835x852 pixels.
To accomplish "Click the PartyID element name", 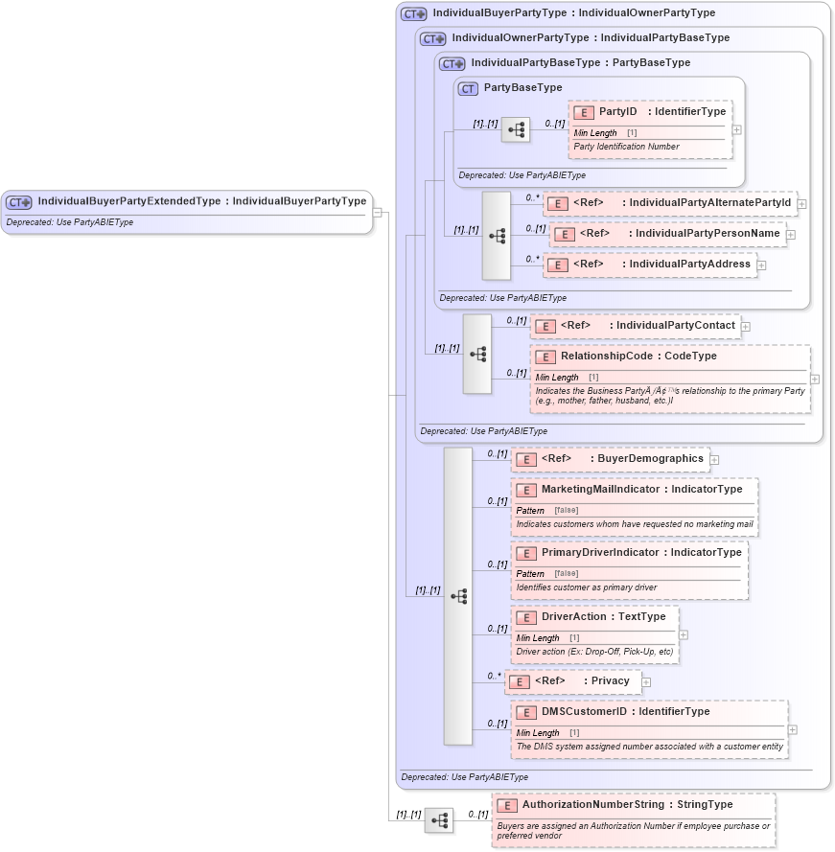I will (618, 112).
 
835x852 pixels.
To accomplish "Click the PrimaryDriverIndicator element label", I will (600, 553).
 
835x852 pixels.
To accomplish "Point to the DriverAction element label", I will (578, 617).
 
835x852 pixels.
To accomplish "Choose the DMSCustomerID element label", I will (584, 712).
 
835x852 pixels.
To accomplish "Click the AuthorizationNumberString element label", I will (594, 805).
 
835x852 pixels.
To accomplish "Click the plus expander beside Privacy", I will (646, 682).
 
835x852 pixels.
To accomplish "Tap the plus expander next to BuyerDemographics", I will (714, 460).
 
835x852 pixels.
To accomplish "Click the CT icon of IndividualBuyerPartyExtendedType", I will (19, 202).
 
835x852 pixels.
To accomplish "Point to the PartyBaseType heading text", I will (522, 88).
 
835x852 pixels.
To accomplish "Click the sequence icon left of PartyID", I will (515, 129).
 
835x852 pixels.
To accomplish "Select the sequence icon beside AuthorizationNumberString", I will (439, 820).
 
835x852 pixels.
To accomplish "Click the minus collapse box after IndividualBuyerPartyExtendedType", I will (378, 213).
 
